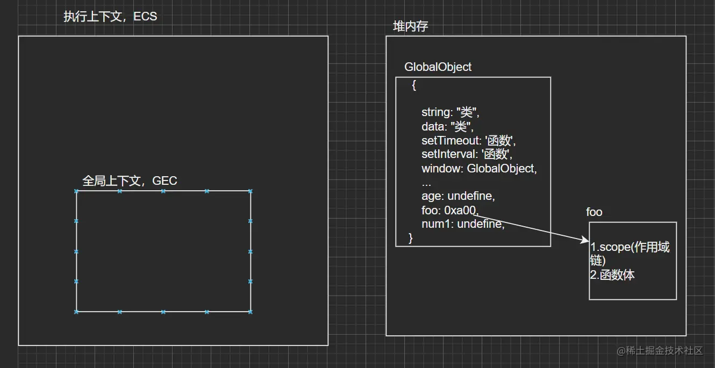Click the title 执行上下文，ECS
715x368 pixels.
110,17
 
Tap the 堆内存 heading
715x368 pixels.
410,26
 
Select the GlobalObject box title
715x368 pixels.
438,67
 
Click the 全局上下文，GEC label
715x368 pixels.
130,181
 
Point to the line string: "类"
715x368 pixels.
450,112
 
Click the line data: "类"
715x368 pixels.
447,127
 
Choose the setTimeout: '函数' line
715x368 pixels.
469,141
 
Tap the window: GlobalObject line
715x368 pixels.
479,169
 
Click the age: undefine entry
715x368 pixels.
458,197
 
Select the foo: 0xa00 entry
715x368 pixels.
450,211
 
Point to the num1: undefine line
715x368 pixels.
463,225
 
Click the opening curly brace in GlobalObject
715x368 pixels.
414,85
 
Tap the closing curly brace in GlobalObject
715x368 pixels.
411,238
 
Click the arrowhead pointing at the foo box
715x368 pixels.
586,241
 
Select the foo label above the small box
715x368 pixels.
594,212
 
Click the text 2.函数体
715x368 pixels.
612,276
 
